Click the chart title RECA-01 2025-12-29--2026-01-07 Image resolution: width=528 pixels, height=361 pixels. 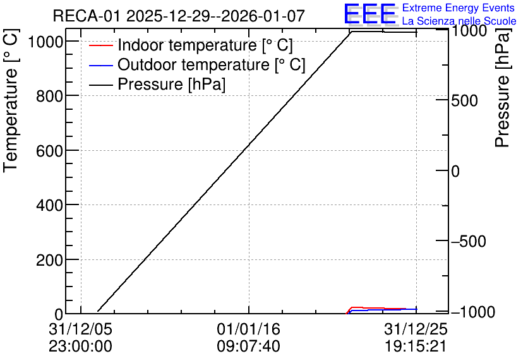pos(179,16)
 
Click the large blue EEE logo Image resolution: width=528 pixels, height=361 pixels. pos(370,14)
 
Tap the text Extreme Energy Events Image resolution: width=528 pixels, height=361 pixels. pos(459,8)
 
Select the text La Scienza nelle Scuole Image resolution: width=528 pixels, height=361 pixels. pos(459,21)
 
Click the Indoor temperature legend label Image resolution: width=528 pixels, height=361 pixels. pos(205,45)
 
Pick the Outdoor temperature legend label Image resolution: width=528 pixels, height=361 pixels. pos(211,64)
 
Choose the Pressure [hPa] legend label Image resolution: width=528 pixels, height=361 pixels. pos(171,84)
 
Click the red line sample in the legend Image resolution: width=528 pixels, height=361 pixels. pos(100,45)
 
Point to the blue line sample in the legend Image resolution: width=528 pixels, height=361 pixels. pos(100,65)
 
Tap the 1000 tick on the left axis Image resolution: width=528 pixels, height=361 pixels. pos(45,42)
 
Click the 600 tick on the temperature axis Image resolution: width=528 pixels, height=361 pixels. pos(49,151)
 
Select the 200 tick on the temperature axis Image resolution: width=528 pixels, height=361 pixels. pos(49,260)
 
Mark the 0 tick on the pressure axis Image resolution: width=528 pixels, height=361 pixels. pos(455,171)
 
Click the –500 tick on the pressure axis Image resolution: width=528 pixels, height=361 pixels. pos(469,242)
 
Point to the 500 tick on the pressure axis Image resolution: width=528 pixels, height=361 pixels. pos(464,100)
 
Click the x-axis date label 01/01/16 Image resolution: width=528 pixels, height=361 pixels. pos(248,329)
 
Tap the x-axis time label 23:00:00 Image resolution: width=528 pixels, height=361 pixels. pos(80,346)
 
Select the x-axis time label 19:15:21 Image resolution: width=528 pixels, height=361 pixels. pos(416,346)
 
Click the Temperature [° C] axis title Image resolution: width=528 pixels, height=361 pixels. pos(11,100)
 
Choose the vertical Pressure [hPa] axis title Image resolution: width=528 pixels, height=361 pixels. pos(502,88)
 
